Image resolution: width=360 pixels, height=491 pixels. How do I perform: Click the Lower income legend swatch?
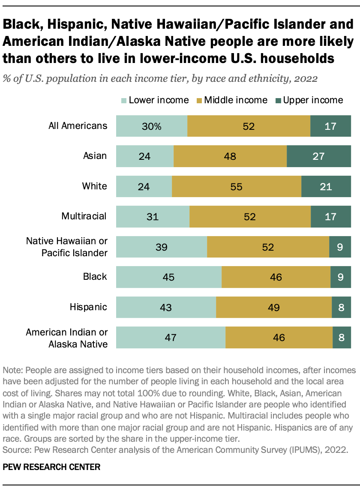pyautogui.click(x=123, y=101)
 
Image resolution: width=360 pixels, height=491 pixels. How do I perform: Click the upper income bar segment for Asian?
pyautogui.click(x=319, y=156)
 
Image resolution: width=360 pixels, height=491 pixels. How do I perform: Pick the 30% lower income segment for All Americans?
pyautogui.click(x=152, y=126)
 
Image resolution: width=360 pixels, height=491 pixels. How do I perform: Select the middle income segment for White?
pyautogui.click(x=237, y=186)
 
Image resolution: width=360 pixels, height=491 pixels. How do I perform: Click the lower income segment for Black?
pyautogui.click(x=169, y=277)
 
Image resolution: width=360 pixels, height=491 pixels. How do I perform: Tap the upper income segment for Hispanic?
pyautogui.click(x=341, y=307)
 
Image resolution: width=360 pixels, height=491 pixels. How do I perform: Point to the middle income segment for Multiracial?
pyautogui.click(x=250, y=216)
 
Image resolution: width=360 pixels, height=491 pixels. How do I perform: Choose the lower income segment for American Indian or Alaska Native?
pyautogui.click(x=171, y=337)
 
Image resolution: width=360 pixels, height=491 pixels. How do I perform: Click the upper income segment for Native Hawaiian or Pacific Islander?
pyautogui.click(x=340, y=247)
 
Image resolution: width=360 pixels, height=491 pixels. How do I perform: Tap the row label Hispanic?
pyautogui.click(x=88, y=306)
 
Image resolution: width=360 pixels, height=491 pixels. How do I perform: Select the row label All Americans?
pyautogui.click(x=78, y=126)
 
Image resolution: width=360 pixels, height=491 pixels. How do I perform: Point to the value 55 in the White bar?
pyautogui.click(x=237, y=186)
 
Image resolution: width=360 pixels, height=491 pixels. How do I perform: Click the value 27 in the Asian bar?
pyautogui.click(x=318, y=156)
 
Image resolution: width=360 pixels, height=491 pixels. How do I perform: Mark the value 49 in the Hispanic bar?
pyautogui.click(x=274, y=307)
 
